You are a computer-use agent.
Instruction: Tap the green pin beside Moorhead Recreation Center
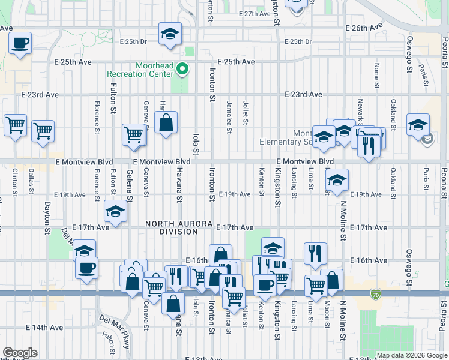pos(184,70)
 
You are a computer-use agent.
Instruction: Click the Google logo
pos(20,353)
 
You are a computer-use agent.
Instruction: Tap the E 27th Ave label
pos(255,13)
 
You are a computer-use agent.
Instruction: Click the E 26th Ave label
pos(364,28)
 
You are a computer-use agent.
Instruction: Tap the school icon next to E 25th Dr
pos(170,34)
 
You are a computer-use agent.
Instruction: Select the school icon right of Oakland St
pos(418,125)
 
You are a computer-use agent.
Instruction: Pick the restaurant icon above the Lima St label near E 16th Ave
pos(315,253)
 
